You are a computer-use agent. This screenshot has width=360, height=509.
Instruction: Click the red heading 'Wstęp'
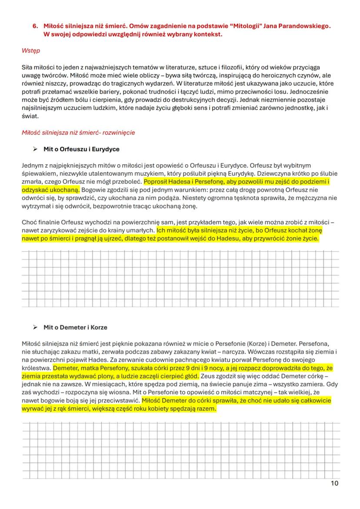pos(31,51)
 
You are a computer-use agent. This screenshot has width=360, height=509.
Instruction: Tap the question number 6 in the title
pos(36,26)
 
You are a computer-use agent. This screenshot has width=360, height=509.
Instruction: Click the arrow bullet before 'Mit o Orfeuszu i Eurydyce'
pos(35,149)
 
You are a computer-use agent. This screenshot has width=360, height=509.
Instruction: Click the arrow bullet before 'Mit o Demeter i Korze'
pos(35,327)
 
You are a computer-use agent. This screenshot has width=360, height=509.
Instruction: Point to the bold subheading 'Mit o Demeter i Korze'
pos(75,327)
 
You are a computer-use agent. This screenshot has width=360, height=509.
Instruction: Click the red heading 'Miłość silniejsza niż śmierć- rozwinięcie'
pos(78,133)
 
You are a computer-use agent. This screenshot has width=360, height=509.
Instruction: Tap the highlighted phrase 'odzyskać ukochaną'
pos(50,190)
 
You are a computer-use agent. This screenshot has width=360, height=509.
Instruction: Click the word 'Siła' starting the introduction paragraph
pos(27,67)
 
